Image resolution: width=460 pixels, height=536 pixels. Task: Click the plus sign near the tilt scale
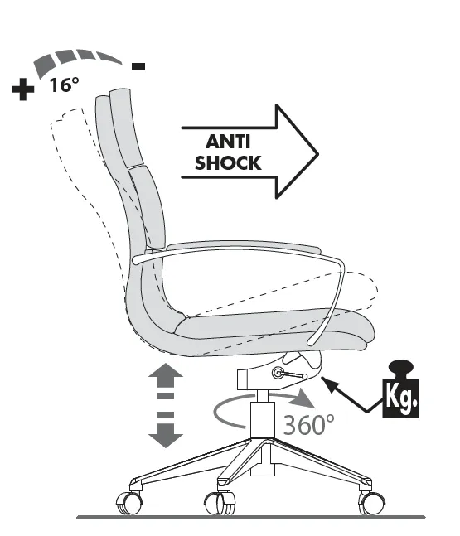pyautogui.click(x=23, y=89)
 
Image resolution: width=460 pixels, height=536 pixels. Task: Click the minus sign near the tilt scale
pyautogui.click(x=138, y=66)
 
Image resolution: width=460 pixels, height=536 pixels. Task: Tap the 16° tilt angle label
pyautogui.click(x=65, y=85)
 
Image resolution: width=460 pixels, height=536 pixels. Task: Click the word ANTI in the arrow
pyautogui.click(x=228, y=141)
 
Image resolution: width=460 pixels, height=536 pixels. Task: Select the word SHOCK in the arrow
pyautogui.click(x=228, y=162)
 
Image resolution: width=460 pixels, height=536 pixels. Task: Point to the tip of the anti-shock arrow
pyautogui.click(x=318, y=155)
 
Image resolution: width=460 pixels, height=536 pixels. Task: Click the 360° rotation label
pyautogui.click(x=308, y=424)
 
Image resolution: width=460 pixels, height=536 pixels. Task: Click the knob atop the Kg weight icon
pyautogui.click(x=401, y=368)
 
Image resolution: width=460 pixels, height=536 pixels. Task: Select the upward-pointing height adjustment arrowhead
pyautogui.click(x=166, y=374)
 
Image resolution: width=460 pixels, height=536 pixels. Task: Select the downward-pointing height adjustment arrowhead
pyautogui.click(x=166, y=436)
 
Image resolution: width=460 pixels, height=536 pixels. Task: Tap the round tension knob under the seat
pyautogui.click(x=278, y=373)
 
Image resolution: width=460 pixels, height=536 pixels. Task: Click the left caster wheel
pyautogui.click(x=129, y=503)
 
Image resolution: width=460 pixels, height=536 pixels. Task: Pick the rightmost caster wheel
pyautogui.click(x=371, y=503)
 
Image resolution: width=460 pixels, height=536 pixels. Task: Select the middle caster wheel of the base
pyautogui.click(x=220, y=503)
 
